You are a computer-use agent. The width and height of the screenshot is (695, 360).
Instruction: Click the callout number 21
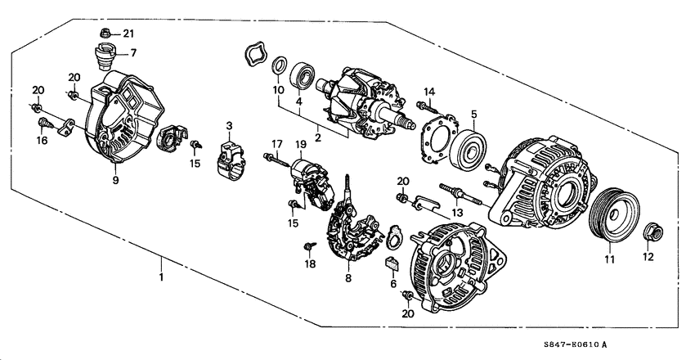pos(128,34)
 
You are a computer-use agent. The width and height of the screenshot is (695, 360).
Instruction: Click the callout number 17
pos(277,144)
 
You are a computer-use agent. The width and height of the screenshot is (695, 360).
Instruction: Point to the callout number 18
pos(310,263)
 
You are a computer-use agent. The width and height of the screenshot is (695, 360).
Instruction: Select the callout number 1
pos(161,278)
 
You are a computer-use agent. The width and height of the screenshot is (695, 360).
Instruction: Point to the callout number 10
pos(278,88)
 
